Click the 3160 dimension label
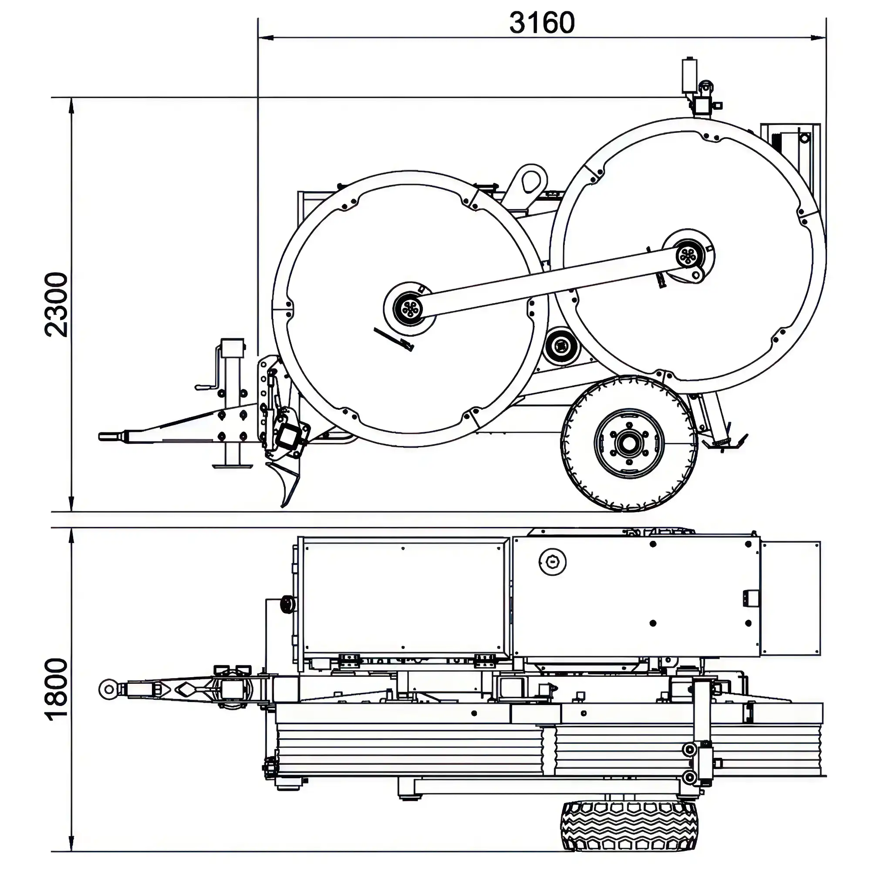click(542, 23)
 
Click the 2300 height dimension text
click(57, 305)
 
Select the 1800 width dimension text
click(57, 690)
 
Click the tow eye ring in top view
click(108, 689)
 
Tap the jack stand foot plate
click(232, 466)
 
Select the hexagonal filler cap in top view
click(553, 562)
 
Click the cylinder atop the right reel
click(689, 75)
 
